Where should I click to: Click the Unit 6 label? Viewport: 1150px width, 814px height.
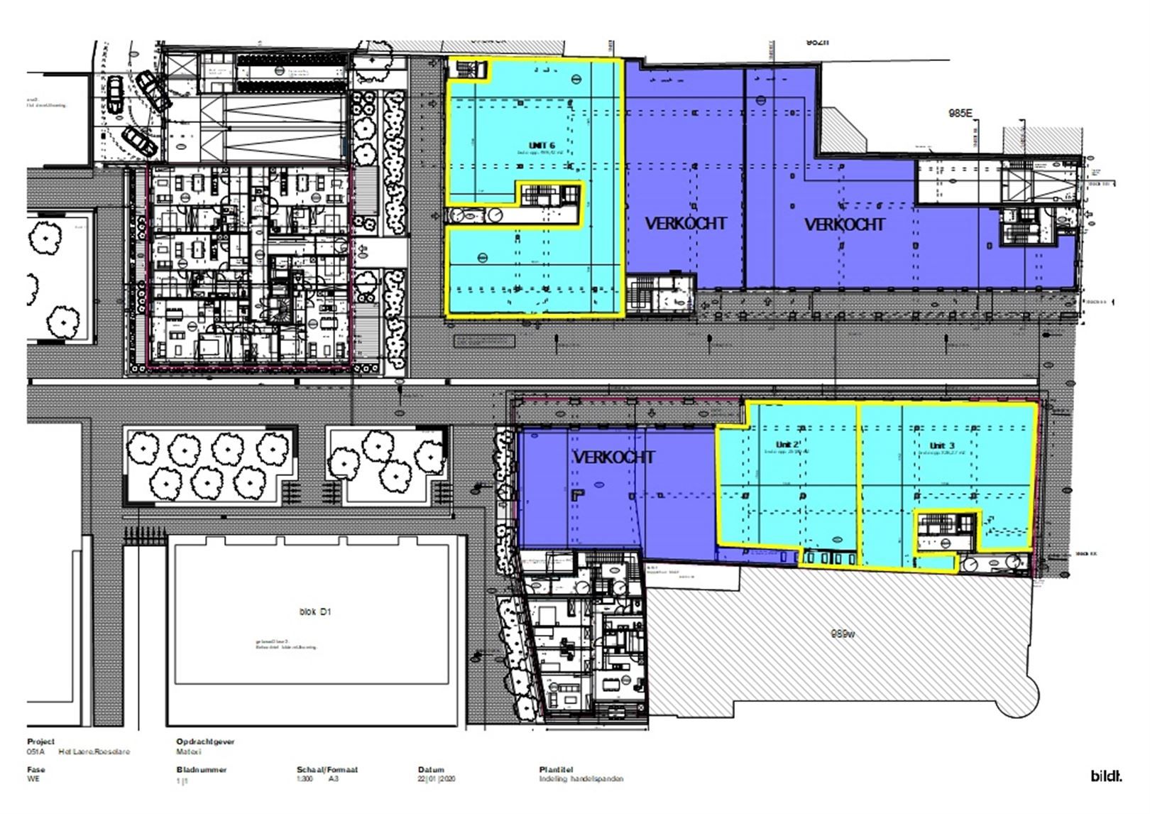coord(541,145)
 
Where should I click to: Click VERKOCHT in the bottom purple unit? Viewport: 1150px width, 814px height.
coord(613,457)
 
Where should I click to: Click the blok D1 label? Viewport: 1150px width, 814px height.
coord(315,612)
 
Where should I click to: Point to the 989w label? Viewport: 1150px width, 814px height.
coord(842,634)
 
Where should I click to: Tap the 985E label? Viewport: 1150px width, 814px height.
coord(960,113)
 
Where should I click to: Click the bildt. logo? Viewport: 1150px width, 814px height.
coord(1105,776)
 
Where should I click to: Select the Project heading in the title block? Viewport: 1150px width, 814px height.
coord(40,742)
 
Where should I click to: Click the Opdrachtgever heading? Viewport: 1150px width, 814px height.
coord(205,742)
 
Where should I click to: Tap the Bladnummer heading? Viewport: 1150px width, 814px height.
coord(201,769)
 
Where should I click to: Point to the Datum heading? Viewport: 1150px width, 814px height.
coord(431,769)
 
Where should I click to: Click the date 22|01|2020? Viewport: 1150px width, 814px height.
coord(437,779)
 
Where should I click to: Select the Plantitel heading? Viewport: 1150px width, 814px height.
coord(557,769)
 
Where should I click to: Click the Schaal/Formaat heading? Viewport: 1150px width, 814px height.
coord(327,769)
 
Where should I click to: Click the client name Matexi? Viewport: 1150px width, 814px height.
coord(188,751)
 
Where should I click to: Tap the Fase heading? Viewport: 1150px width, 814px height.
coord(35,769)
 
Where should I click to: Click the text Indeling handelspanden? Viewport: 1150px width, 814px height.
coord(581,779)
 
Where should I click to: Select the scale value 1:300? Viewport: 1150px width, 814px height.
coord(304,779)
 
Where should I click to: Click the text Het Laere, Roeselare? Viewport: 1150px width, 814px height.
coord(94,751)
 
